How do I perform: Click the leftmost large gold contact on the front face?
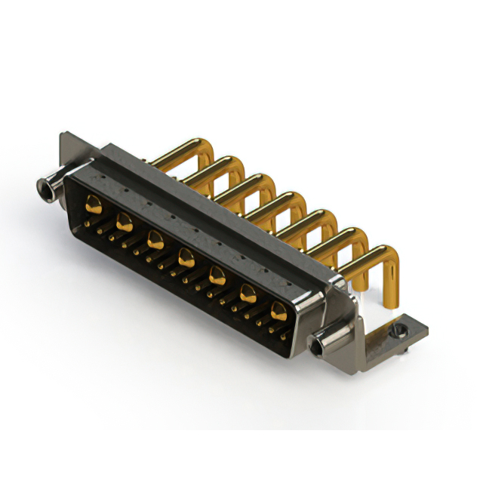(94, 202)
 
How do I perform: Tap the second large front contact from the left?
(125, 222)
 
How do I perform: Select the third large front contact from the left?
(155, 240)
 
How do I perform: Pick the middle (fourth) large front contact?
(186, 259)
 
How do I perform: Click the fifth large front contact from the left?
(217, 275)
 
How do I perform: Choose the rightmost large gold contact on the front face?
(279, 309)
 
